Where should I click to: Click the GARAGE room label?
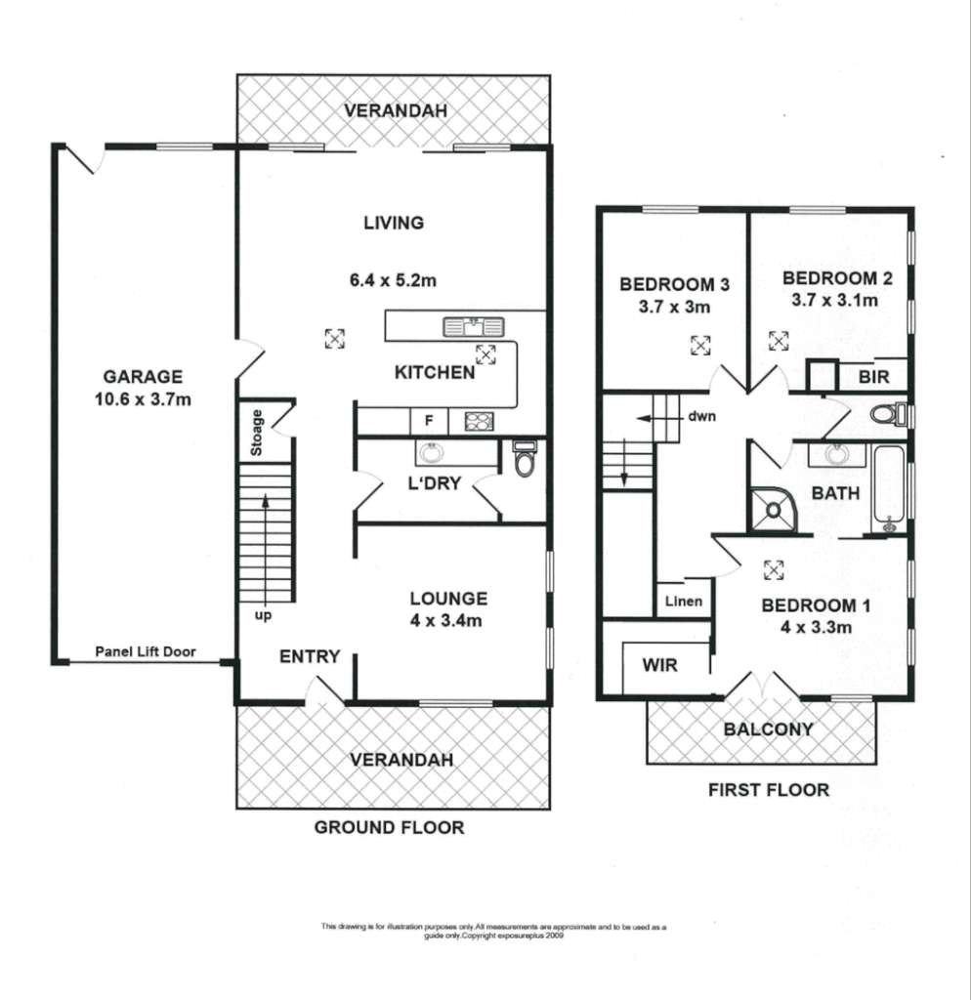[x=144, y=376]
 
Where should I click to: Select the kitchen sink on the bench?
[x=472, y=325]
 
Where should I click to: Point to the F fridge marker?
[x=427, y=422]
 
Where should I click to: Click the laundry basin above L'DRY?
[x=430, y=452]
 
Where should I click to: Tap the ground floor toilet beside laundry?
[x=525, y=459]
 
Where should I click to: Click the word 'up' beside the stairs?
[x=263, y=616]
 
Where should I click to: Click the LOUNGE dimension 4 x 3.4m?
[x=448, y=619]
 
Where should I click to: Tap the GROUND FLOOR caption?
[x=388, y=827]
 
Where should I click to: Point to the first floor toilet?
[x=888, y=415]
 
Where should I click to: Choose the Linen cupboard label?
[x=684, y=602]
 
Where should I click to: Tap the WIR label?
[x=659, y=666]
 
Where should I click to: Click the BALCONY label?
[x=768, y=729]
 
